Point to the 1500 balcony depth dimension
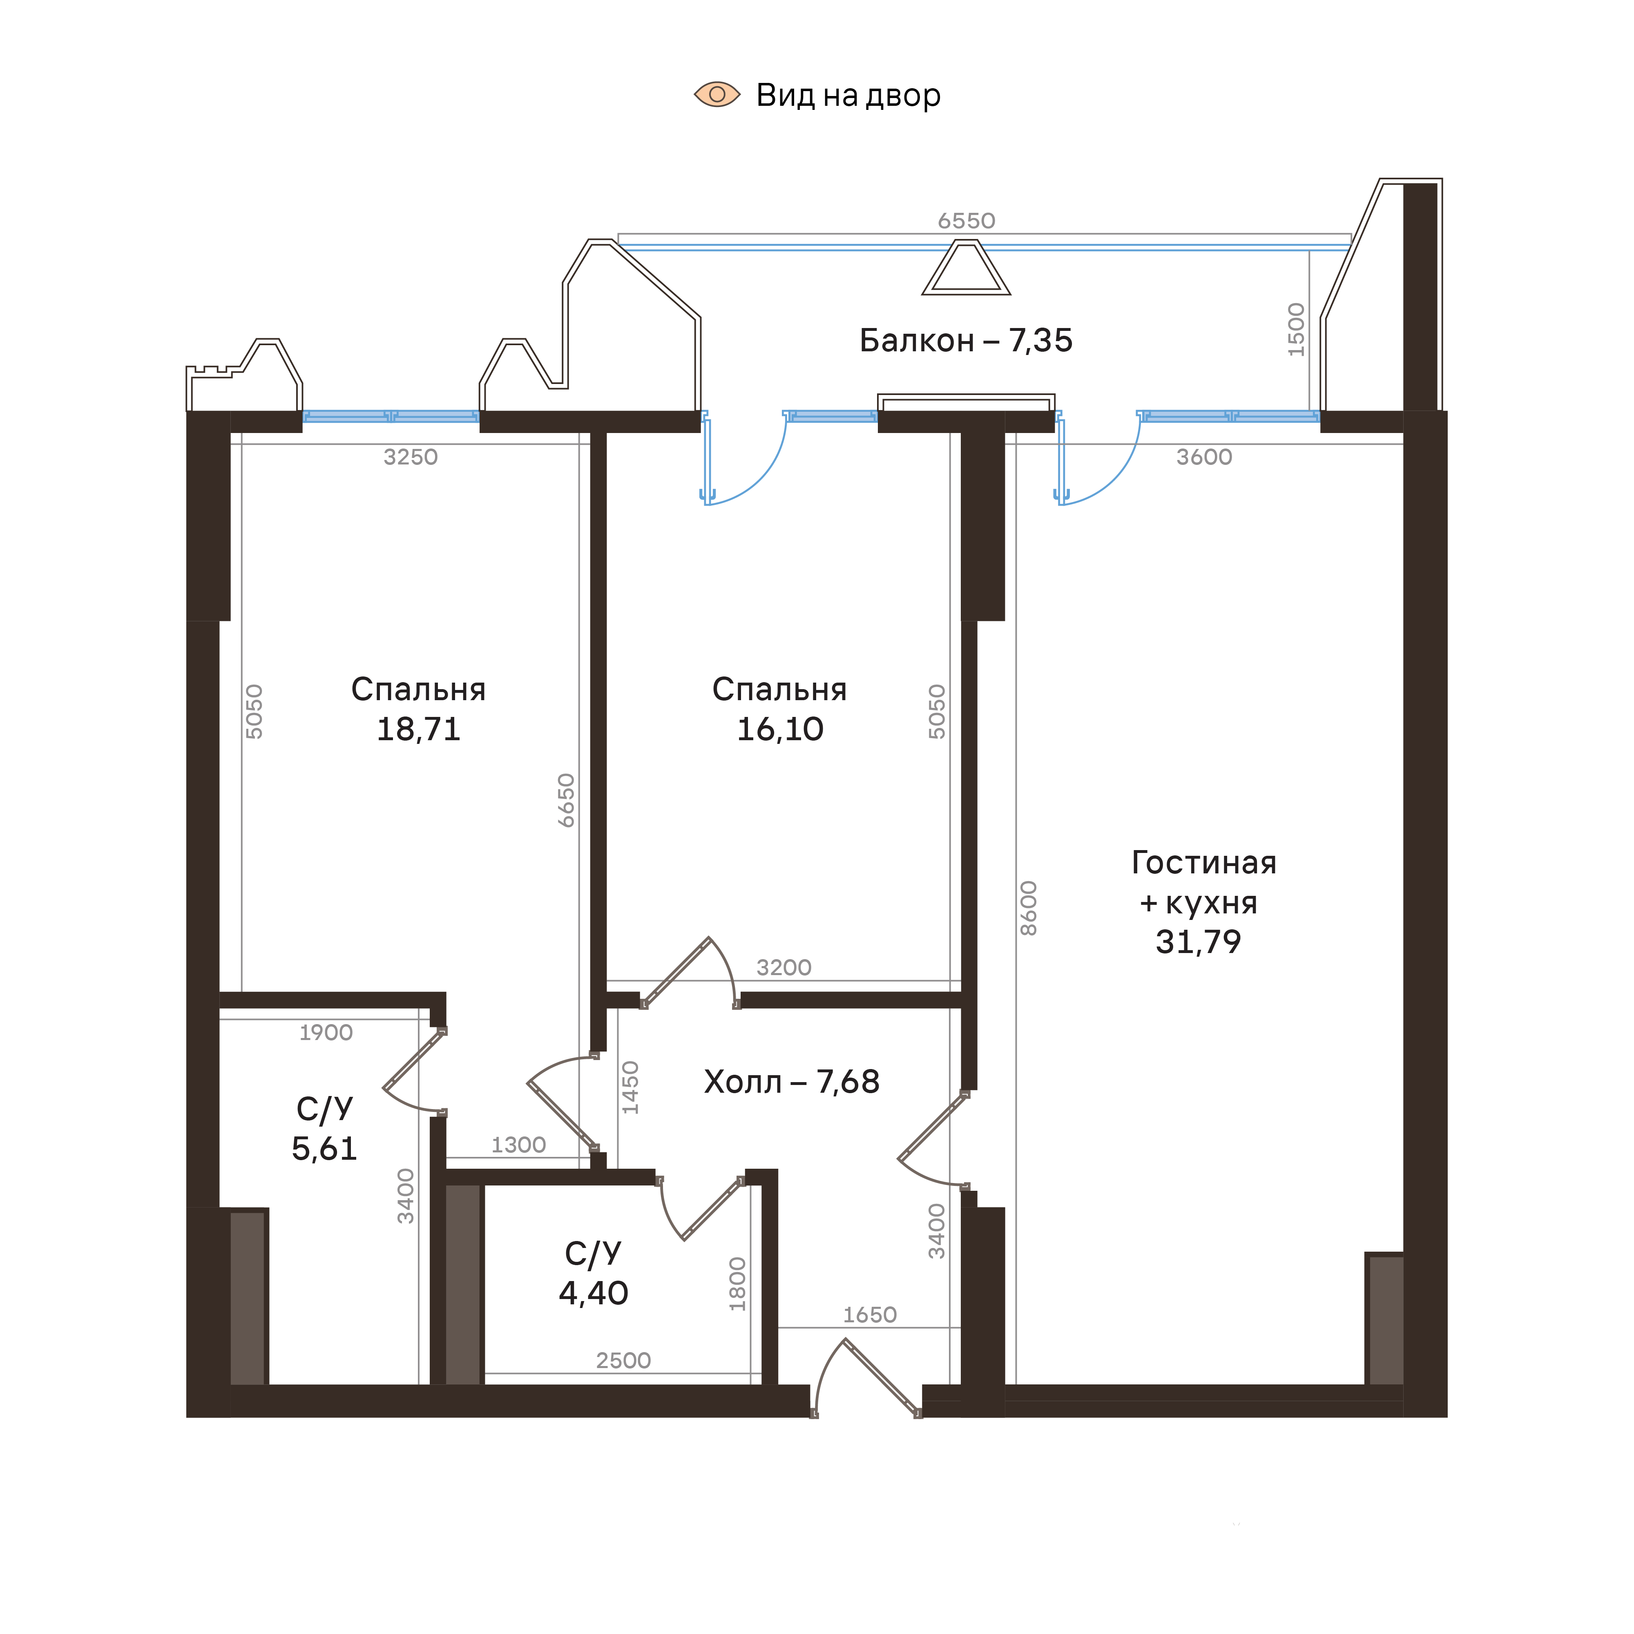[1296, 330]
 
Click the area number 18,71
[419, 729]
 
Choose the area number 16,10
[780, 729]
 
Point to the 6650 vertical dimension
[566, 800]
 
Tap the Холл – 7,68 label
[792, 1082]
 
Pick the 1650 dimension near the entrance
[869, 1315]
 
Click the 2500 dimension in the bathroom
[623, 1361]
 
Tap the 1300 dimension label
[518, 1145]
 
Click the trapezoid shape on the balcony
[966, 269]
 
